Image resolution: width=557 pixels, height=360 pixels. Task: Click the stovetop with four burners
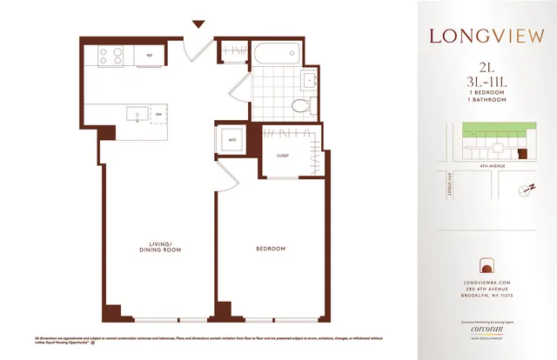[111, 57]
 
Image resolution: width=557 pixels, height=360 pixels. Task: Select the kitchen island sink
[136, 113]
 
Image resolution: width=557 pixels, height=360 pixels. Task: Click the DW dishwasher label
[159, 114]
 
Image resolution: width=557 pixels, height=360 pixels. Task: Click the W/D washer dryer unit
[232, 140]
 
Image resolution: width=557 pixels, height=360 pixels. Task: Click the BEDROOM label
[271, 250]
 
